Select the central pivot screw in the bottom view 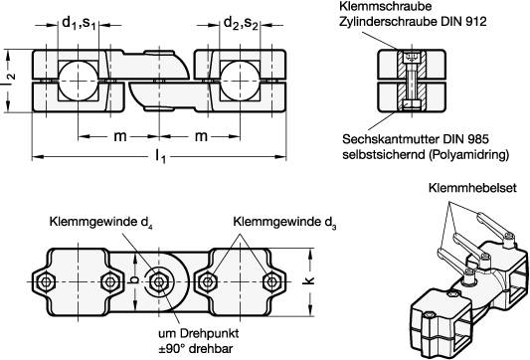pyautogui.click(x=159, y=282)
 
